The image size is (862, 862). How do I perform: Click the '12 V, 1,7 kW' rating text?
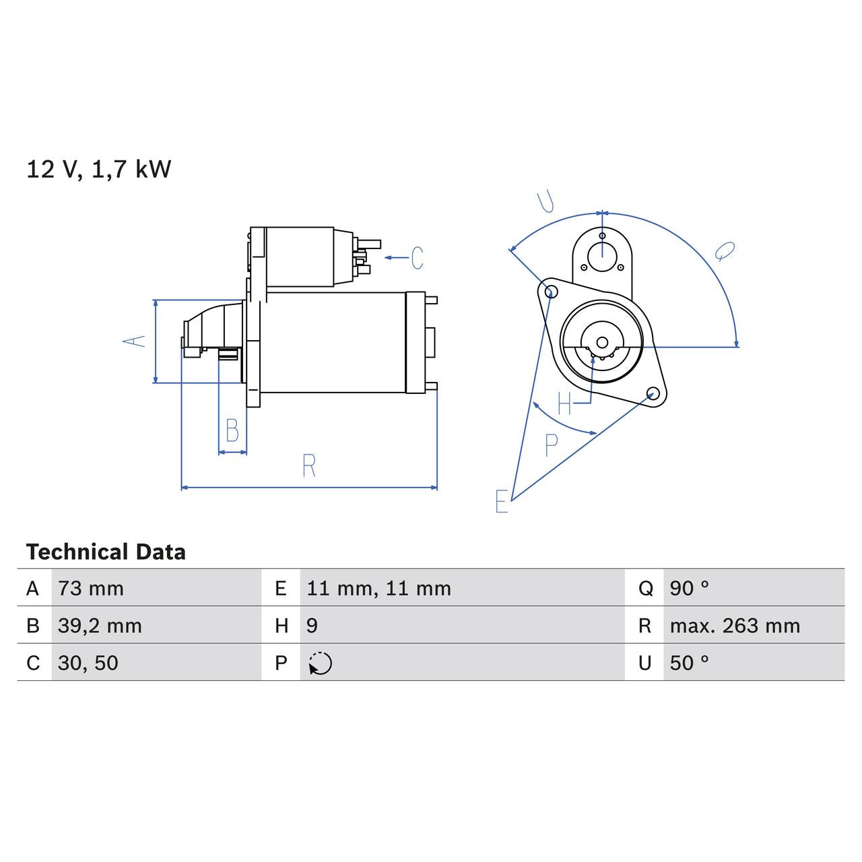(99, 169)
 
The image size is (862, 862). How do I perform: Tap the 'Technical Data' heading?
(106, 552)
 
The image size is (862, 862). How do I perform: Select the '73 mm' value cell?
(91, 589)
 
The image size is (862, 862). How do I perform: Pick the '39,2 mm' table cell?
(100, 626)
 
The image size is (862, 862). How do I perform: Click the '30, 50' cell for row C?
(88, 663)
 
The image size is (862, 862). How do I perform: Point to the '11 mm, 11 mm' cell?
(378, 589)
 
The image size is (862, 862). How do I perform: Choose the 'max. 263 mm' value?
(735, 626)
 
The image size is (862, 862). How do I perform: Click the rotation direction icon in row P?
(321, 663)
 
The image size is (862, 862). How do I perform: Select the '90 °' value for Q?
(689, 589)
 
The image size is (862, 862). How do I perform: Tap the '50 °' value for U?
(689, 663)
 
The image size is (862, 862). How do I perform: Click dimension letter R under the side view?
(308, 466)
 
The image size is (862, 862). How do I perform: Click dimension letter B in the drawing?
(232, 430)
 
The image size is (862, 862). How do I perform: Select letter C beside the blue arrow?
(417, 258)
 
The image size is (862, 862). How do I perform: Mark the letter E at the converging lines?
(501, 502)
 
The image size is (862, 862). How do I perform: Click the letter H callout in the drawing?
(564, 404)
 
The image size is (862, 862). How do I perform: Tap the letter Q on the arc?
(725, 251)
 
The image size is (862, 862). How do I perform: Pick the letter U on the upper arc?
(545, 201)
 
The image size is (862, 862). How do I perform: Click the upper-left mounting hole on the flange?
(551, 291)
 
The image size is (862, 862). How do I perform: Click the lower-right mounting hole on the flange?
(652, 393)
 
